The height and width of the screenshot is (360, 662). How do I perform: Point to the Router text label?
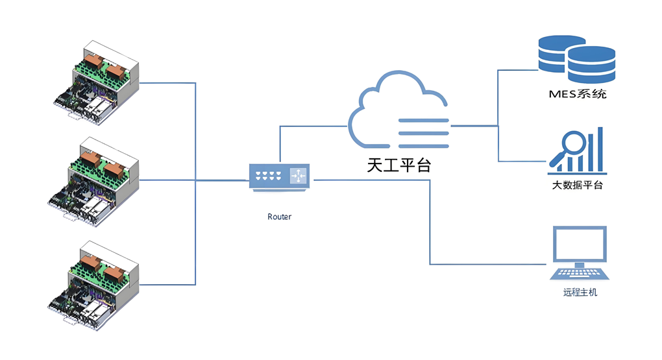[279, 217]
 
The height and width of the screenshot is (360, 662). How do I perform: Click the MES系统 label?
[577, 94]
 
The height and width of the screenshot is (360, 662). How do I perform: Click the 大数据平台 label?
[577, 186]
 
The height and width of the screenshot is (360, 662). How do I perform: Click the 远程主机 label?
[580, 293]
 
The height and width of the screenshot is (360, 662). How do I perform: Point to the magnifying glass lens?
[572, 142]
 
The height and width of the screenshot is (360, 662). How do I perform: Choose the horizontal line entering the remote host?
[487, 264]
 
